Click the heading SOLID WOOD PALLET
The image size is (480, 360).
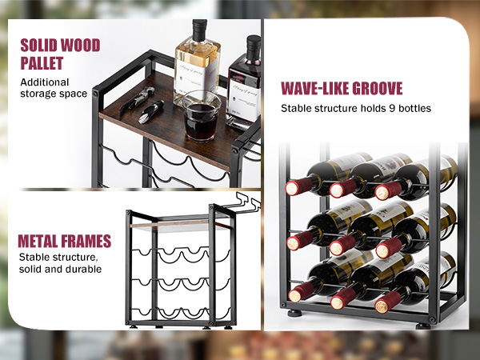(60, 54)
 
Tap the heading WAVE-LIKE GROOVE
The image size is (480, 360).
(342, 89)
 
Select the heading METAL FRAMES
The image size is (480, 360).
(65, 242)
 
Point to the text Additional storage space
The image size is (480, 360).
(54, 88)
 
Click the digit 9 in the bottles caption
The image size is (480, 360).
(392, 108)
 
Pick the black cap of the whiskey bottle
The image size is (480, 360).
(199, 30)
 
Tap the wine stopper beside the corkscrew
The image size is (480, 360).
(151, 112)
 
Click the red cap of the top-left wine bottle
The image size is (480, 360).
(298, 186)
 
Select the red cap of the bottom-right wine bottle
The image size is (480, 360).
(388, 302)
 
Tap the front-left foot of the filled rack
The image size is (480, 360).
(294, 314)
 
